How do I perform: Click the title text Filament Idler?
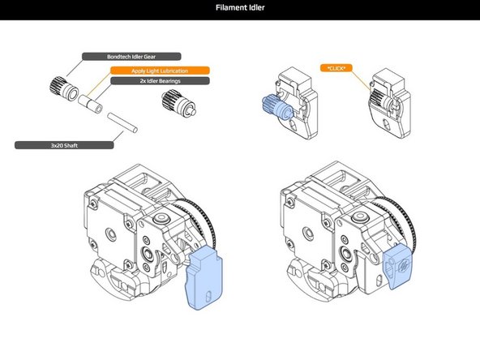click(x=240, y=10)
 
